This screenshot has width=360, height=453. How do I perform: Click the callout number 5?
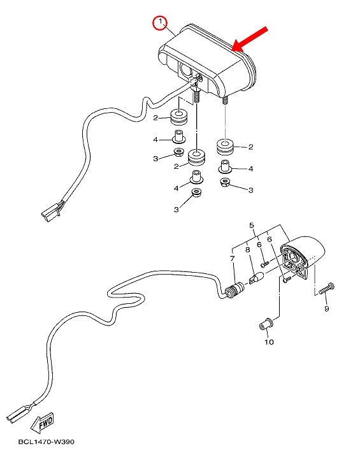coord(251,226)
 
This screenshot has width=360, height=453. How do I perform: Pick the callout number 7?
coord(233,259)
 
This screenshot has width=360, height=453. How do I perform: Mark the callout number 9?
coord(326,308)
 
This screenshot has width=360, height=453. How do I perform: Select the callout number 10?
coord(268,342)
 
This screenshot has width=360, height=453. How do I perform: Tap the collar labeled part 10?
coord(266,324)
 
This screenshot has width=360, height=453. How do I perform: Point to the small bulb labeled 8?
coord(256,278)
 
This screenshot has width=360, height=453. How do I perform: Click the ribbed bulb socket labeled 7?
coord(234,291)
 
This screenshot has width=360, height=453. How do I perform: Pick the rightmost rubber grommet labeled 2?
coord(225,147)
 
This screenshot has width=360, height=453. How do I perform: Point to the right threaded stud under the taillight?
coord(225,100)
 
